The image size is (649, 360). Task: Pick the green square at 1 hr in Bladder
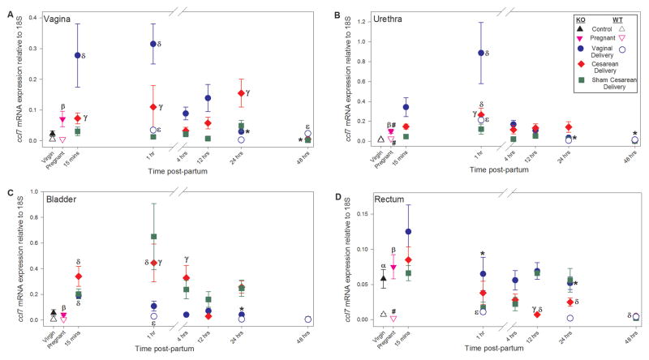point(153,237)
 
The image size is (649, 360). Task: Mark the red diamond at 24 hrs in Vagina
point(241,93)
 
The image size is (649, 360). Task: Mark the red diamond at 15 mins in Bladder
point(78,276)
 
